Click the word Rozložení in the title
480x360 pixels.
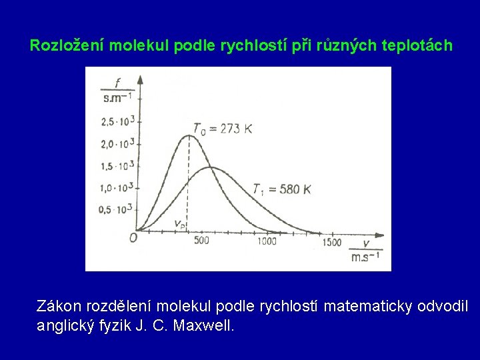[67, 47]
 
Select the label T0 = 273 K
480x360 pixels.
[222, 128]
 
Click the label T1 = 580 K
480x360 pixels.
[281, 189]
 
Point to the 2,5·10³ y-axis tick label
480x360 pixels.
[118, 121]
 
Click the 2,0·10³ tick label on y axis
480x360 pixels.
[118, 143]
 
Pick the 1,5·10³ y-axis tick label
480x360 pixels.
[118, 165]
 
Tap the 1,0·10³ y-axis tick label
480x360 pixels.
[118, 187]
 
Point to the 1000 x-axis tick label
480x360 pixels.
[267, 241]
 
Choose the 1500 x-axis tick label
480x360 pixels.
[331, 242]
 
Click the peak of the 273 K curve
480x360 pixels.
[189, 135]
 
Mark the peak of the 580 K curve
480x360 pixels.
[211, 167]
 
